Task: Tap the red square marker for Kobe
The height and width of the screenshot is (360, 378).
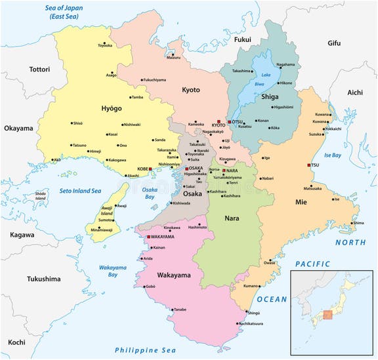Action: [150, 169]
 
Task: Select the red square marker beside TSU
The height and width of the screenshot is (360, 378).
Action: [309, 165]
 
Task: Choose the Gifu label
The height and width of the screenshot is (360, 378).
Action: [334, 43]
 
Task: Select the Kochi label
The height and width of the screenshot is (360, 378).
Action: [17, 342]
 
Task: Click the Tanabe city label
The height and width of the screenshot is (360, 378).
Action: [180, 309]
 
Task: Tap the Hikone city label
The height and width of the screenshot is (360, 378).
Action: [286, 83]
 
